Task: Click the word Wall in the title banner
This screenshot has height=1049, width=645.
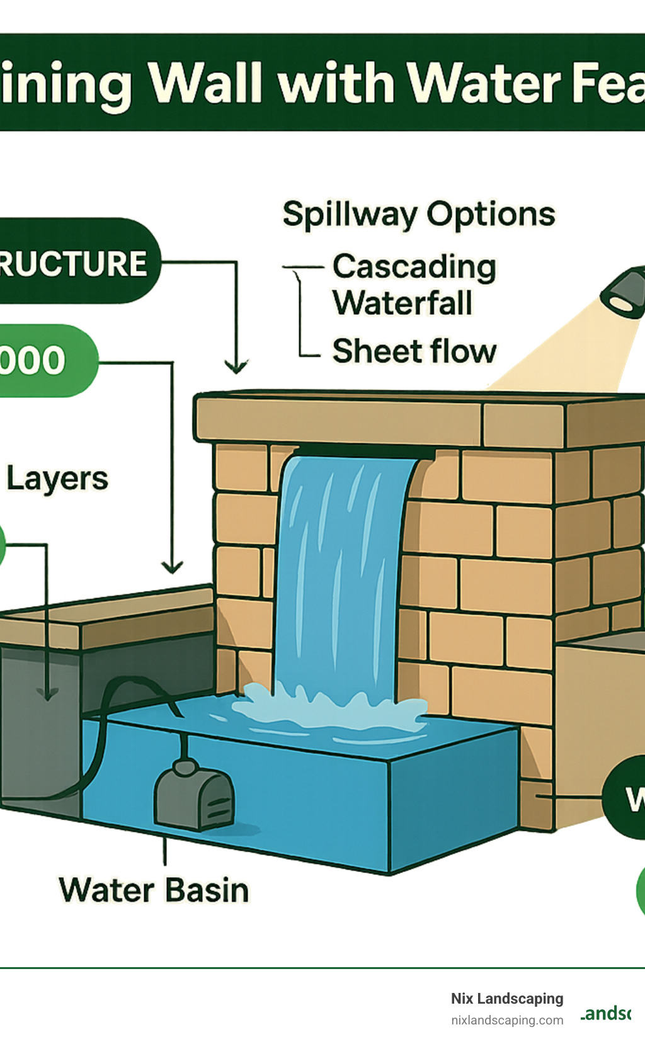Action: (x=207, y=83)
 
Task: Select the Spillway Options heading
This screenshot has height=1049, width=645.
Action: (x=419, y=215)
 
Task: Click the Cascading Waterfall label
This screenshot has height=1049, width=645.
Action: (x=414, y=285)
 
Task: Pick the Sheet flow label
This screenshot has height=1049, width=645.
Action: (x=414, y=351)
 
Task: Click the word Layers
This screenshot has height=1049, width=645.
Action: (x=57, y=479)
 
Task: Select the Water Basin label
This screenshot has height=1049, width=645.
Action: (x=154, y=890)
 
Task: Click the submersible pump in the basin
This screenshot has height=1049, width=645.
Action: (x=194, y=795)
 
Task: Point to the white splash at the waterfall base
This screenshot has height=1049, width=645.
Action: (x=328, y=708)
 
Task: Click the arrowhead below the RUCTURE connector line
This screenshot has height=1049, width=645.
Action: (x=236, y=366)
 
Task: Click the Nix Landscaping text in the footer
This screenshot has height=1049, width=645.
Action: (x=507, y=999)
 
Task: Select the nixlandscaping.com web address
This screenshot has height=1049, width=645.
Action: (x=507, y=1020)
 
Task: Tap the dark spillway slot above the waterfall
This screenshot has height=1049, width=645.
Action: (x=365, y=451)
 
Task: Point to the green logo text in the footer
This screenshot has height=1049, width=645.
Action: (x=606, y=1013)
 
